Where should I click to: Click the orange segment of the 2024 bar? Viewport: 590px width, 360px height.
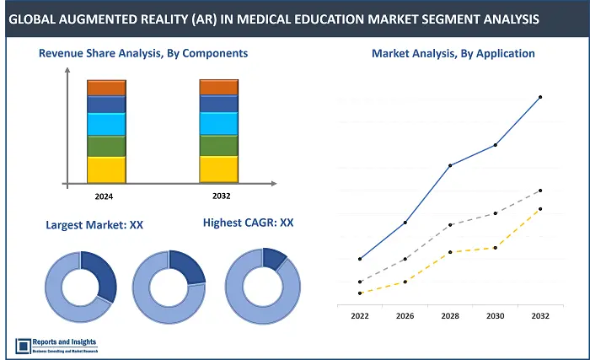tap(106, 88)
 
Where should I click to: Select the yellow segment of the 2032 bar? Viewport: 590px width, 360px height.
tap(218, 169)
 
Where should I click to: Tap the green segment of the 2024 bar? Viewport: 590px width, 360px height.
tap(106, 146)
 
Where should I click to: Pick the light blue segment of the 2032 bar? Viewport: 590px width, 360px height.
tap(218, 123)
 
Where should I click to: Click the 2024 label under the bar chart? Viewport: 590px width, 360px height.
tap(104, 196)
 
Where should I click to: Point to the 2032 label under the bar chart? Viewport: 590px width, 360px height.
tap(217, 196)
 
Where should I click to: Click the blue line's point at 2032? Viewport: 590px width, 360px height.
tap(539, 97)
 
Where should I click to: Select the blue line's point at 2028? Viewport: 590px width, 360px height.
tap(450, 165)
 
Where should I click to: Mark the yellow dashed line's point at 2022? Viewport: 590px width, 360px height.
tap(360, 293)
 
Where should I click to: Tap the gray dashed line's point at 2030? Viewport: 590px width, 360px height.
tap(495, 213)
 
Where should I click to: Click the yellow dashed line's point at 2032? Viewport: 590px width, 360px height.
tap(539, 208)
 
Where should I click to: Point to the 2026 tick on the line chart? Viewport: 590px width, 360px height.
tap(405, 316)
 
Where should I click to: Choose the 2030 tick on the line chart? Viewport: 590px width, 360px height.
tap(495, 316)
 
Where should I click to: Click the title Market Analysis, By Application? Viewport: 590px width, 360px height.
tap(453, 53)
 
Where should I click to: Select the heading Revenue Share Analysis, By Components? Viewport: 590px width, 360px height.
tap(143, 53)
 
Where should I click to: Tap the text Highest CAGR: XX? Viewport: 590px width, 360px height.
tap(248, 223)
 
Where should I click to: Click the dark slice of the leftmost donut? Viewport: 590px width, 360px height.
tap(98, 274)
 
